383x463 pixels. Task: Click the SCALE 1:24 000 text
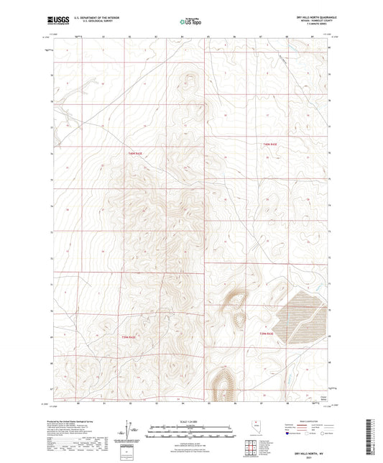pyautogui.click(x=191, y=421)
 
